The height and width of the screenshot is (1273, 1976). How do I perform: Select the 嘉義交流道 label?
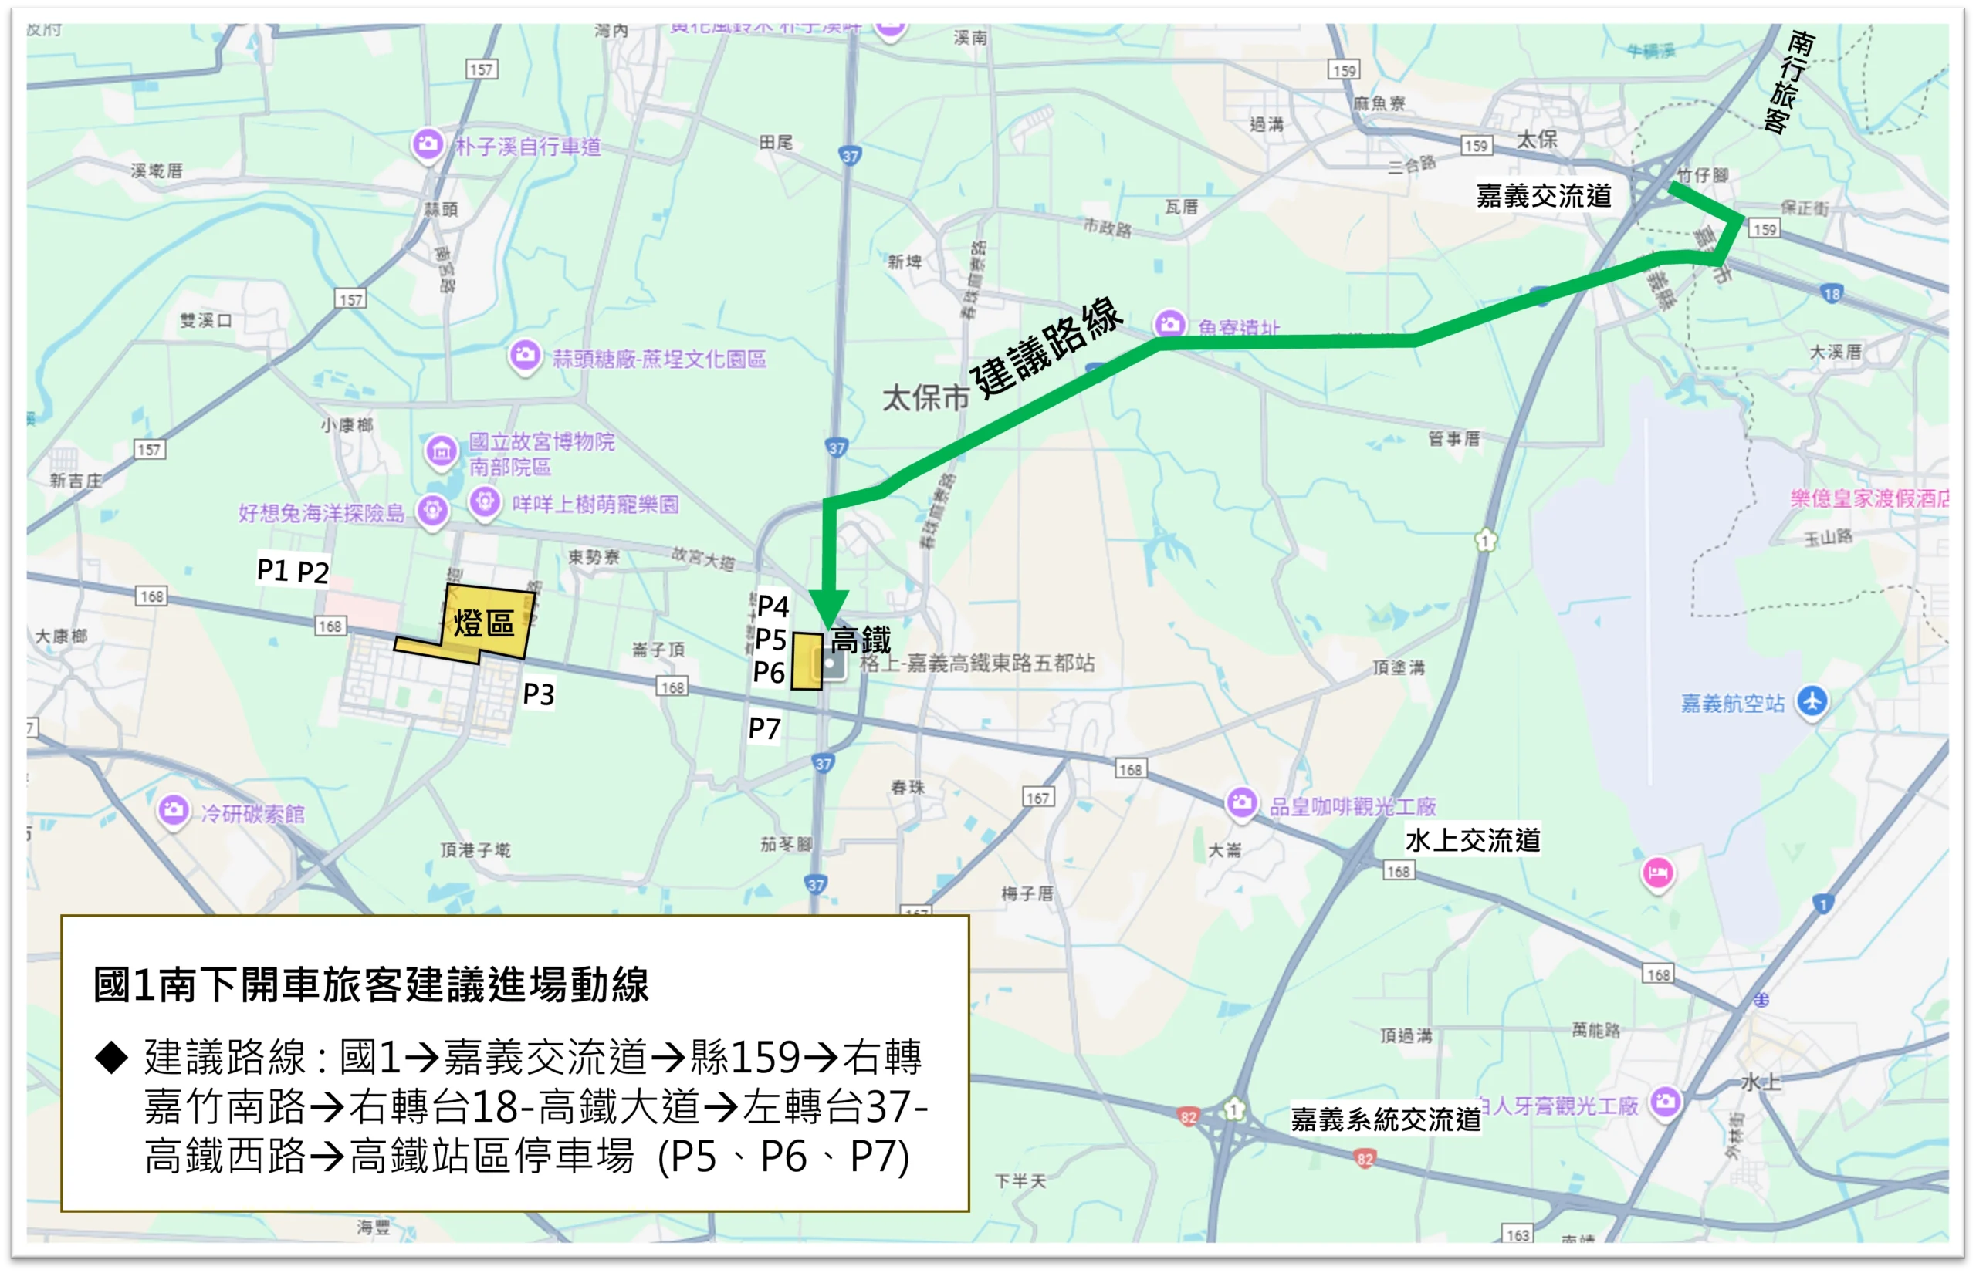click(x=1544, y=196)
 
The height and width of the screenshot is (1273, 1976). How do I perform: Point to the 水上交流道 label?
click(x=1473, y=840)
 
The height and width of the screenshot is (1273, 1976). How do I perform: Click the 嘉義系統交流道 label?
click(x=1386, y=1119)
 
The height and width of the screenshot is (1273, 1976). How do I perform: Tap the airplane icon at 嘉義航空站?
click(x=1812, y=702)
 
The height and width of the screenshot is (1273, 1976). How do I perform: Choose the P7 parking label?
click(x=764, y=729)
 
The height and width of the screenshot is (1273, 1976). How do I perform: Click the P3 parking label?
click(x=538, y=694)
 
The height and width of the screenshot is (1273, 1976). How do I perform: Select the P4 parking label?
click(x=772, y=606)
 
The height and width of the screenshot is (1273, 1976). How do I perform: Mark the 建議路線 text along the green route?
click(x=1047, y=348)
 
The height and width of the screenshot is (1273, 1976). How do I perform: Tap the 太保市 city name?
click(x=925, y=398)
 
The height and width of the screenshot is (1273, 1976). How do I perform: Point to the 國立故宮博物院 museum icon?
click(x=442, y=451)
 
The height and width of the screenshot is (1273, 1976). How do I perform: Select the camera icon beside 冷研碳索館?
click(x=174, y=809)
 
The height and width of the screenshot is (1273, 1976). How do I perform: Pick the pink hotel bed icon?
click(x=1657, y=872)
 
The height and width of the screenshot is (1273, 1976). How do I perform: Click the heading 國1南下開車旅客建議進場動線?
click(x=371, y=984)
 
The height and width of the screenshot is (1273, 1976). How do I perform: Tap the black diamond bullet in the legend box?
click(x=112, y=1057)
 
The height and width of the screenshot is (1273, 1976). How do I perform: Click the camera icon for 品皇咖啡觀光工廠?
click(x=1241, y=802)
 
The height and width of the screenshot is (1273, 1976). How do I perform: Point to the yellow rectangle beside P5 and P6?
click(x=807, y=661)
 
